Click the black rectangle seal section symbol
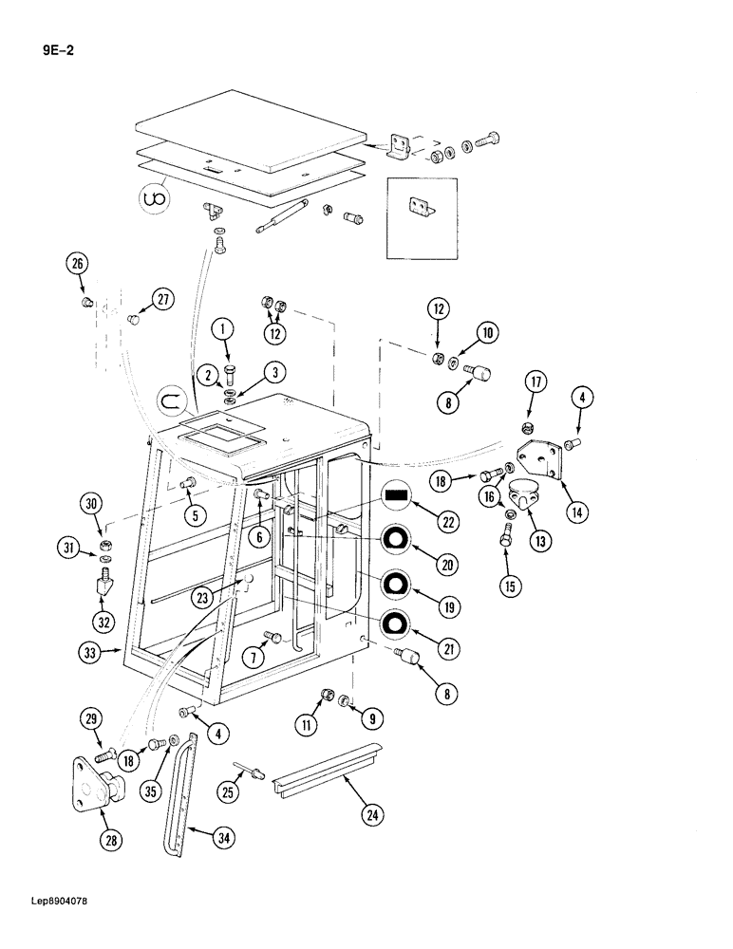click(x=397, y=494)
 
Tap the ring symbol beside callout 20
click(x=397, y=539)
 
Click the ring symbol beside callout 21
click(x=397, y=623)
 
